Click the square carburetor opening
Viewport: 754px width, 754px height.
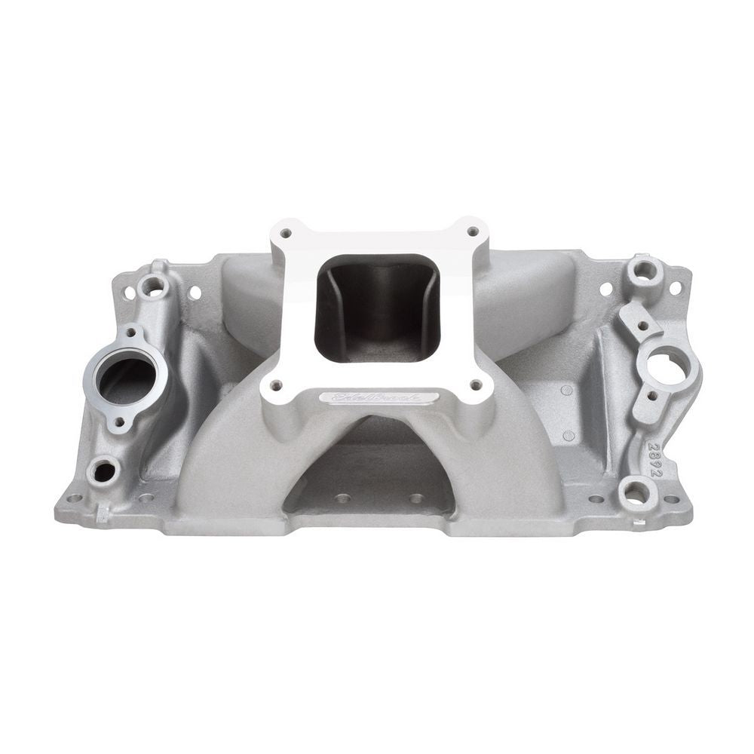[x=377, y=307]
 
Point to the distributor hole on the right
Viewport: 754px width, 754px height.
[x=666, y=367]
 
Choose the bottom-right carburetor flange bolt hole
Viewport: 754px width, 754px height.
[x=475, y=385]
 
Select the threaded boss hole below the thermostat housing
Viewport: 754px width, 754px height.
[x=103, y=471]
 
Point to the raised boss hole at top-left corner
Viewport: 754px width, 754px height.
[x=154, y=286]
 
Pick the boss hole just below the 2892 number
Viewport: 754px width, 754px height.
[x=635, y=494]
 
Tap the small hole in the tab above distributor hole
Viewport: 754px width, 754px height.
[x=642, y=326]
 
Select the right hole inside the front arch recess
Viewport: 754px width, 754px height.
[x=415, y=498]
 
